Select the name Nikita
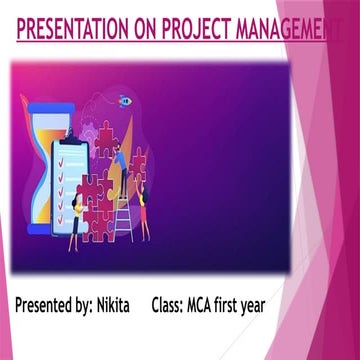point(130,304)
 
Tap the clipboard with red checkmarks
point(70,185)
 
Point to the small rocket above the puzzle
point(123,101)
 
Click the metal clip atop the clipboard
point(71,141)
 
